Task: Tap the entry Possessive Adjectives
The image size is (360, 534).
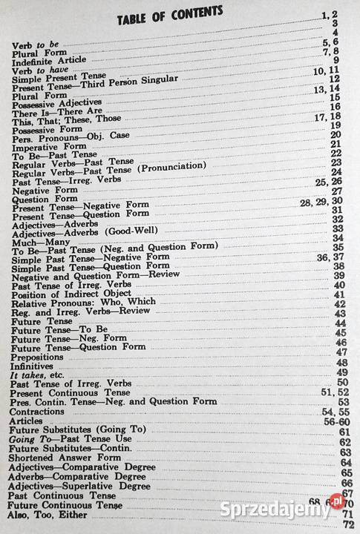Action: pyautogui.click(x=59, y=104)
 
